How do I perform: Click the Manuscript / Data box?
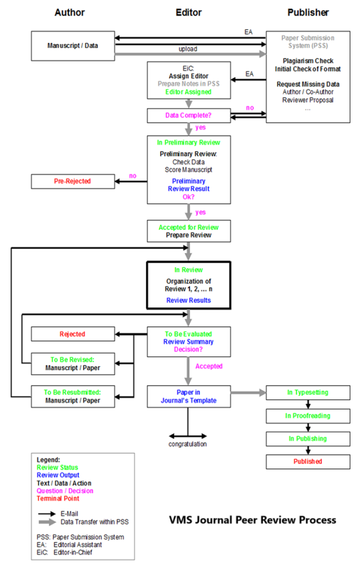73,46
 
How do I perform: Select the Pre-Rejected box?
73,181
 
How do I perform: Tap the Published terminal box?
308,462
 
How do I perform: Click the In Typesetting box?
308,393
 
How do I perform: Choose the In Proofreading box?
308,416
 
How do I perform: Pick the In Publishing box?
308,439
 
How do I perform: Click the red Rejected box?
73,334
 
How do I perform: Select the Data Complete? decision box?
189,115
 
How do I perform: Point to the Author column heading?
70,12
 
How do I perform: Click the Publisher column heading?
308,12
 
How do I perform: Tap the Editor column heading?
188,12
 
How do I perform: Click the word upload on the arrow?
188,49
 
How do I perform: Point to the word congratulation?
187,444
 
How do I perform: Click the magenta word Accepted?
209,366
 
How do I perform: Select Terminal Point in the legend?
58,499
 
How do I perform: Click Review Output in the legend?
58,475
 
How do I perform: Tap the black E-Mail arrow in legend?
47,514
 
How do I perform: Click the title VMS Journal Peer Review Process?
252,520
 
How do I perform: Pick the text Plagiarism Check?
308,61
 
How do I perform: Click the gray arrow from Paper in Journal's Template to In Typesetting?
248,393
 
